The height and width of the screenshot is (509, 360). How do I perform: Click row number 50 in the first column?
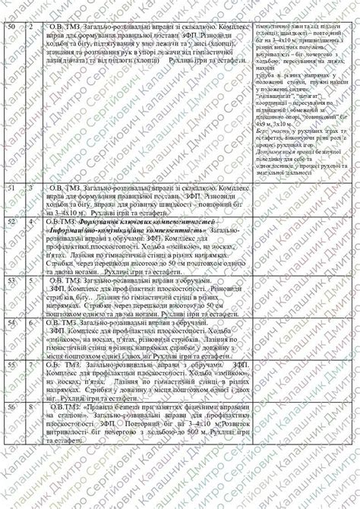click(10, 26)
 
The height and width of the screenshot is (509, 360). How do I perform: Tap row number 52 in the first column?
click(10, 222)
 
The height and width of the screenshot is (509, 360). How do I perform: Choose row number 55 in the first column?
click(10, 365)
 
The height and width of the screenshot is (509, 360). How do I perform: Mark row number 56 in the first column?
click(10, 407)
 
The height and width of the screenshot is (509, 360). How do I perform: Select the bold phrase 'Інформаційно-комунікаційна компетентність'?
click(125, 229)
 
